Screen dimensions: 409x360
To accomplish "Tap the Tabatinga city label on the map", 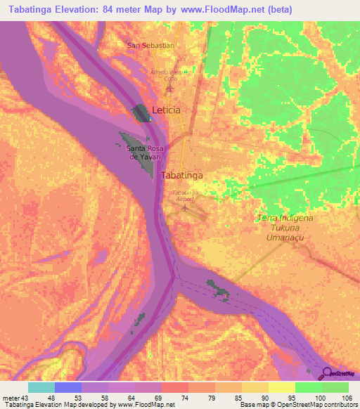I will click(x=182, y=175).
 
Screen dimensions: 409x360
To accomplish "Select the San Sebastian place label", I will click(x=150, y=45).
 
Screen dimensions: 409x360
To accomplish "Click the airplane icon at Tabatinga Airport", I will click(x=186, y=207).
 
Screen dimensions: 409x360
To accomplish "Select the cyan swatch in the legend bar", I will click(x=41, y=387).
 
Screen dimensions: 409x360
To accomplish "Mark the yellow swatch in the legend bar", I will click(x=281, y=387).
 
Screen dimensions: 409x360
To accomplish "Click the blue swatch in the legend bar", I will click(x=68, y=387).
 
